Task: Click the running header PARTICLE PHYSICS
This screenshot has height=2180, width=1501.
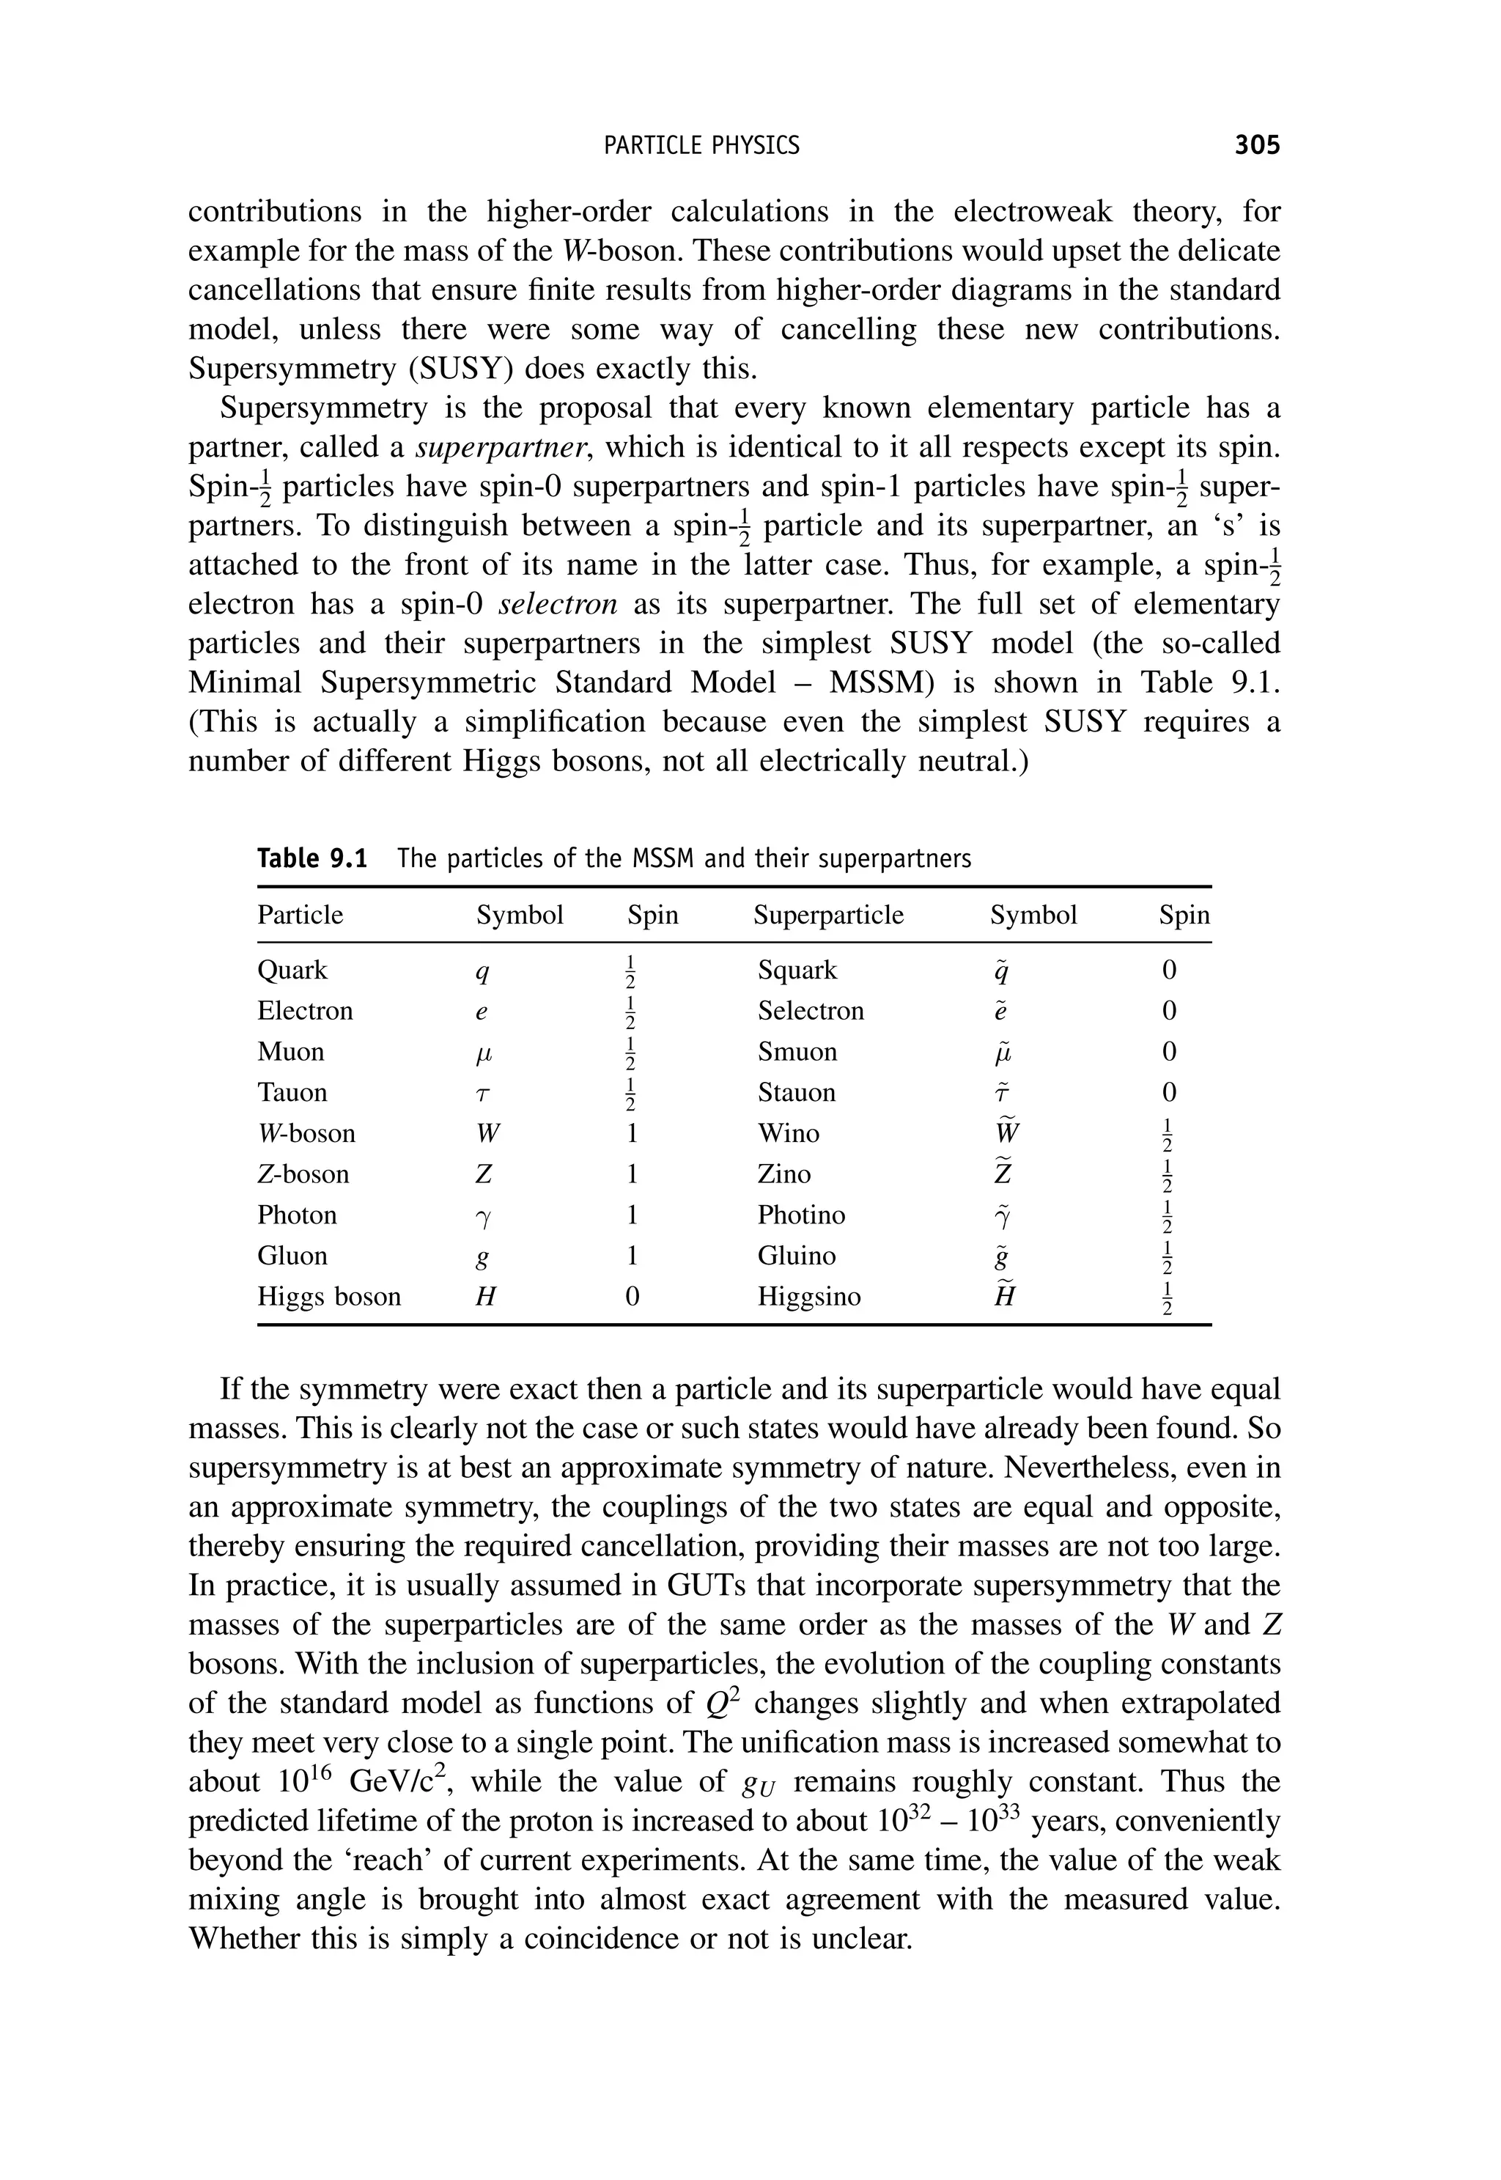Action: [701, 146]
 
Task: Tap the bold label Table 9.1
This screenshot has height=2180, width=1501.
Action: [311, 858]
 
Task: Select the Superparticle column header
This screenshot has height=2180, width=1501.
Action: [827, 915]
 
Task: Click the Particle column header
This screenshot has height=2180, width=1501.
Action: [300, 915]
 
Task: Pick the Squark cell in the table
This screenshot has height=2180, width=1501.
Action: [797, 971]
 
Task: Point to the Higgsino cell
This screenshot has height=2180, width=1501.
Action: [809, 1297]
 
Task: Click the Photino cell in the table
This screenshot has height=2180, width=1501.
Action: [801, 1215]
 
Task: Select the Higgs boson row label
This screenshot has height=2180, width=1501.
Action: [329, 1297]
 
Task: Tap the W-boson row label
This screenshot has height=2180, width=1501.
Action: [306, 1133]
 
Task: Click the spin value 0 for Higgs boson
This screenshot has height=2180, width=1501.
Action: [632, 1297]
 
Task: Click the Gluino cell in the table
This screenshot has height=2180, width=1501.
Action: [797, 1256]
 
